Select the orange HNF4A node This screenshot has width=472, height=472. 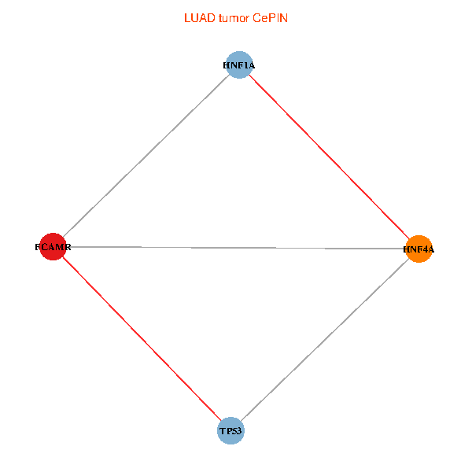419,249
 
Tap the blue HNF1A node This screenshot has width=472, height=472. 238,65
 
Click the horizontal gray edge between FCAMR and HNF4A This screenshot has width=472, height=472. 236,248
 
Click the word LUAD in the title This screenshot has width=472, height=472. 197,18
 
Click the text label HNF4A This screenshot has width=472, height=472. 419,249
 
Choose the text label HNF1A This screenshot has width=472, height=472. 238,66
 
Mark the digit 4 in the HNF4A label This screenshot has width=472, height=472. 422,249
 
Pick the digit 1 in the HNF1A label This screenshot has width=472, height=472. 244,66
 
